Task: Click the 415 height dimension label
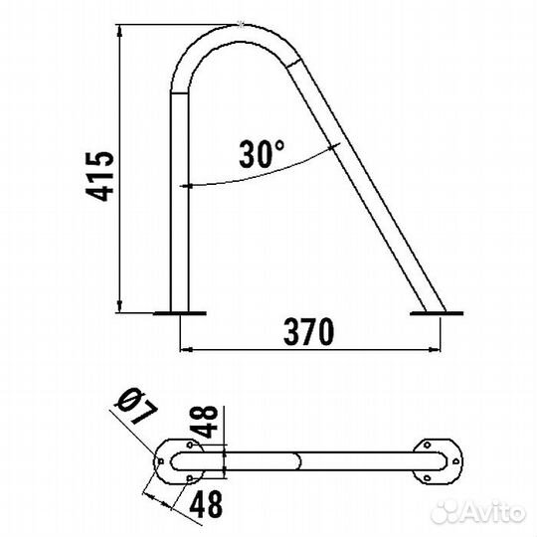tap(99, 176)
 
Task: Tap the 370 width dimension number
tap(309, 331)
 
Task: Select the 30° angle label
tap(262, 154)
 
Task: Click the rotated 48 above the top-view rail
tap(208, 422)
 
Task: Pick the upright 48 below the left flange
tap(206, 504)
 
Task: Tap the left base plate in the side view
tap(179, 313)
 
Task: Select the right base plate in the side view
tap(437, 313)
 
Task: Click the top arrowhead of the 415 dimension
tap(119, 31)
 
